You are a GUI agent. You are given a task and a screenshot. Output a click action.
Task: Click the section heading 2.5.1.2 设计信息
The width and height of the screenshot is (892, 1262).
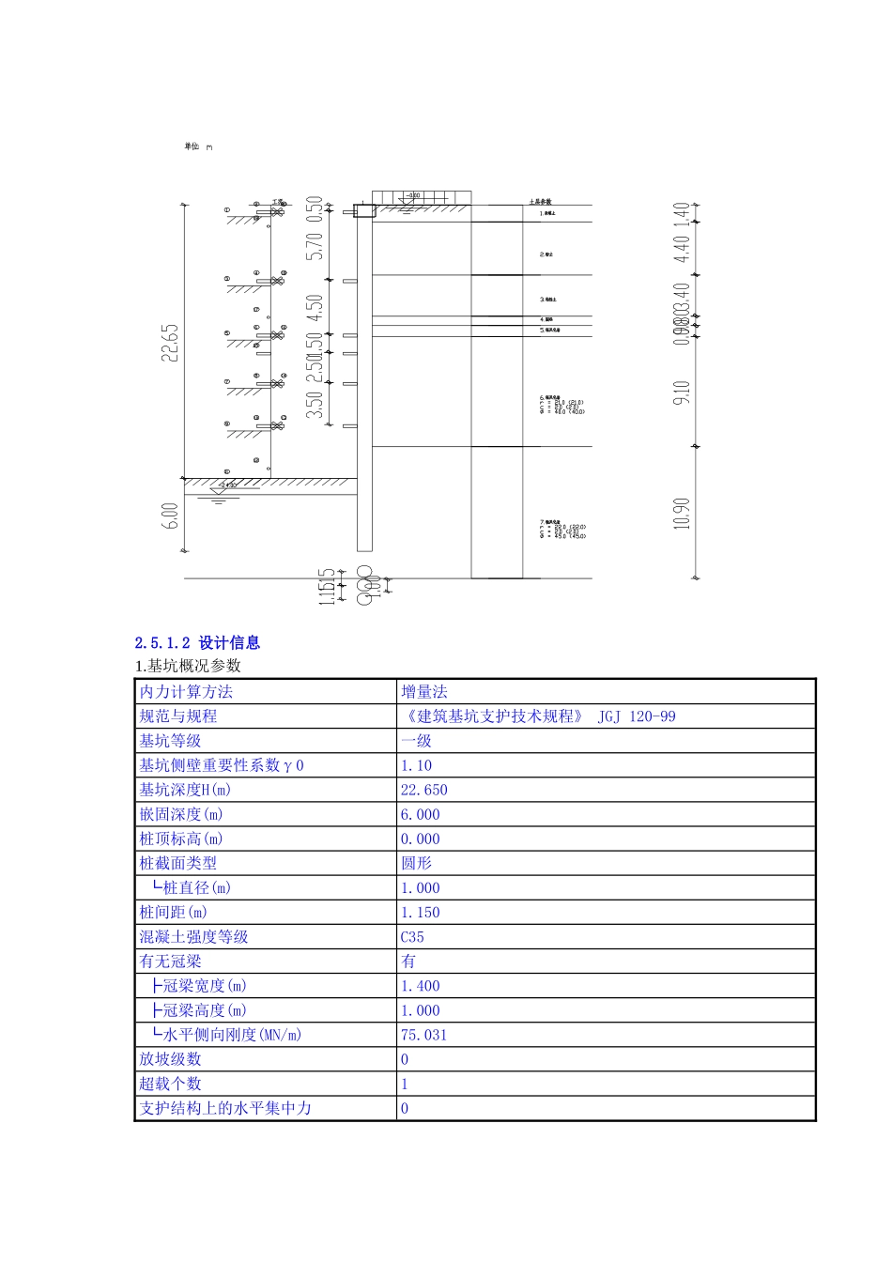[x=197, y=643]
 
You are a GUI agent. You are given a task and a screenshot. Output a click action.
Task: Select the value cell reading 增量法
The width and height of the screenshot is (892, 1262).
[x=424, y=692]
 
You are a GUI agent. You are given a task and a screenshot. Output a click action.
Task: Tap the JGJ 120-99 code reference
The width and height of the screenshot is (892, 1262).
[x=636, y=716]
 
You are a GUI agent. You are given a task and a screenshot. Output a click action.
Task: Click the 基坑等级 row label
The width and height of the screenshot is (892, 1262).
[x=170, y=741]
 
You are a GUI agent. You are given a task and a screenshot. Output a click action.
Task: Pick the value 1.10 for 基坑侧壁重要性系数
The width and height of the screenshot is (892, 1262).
[x=416, y=765]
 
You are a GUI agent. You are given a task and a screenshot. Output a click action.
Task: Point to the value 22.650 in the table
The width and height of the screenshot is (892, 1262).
[x=424, y=790]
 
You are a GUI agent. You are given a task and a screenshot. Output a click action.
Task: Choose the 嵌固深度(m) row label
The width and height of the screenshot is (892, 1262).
[x=181, y=814]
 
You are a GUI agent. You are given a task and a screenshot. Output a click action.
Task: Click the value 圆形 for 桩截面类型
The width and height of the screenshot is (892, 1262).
[x=416, y=863]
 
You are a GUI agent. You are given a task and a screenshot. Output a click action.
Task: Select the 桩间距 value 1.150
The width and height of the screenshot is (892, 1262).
[x=420, y=912]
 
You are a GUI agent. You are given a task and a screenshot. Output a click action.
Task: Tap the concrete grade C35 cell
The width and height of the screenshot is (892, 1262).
[x=412, y=936]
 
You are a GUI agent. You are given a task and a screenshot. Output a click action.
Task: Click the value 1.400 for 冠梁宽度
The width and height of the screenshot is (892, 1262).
[x=420, y=986]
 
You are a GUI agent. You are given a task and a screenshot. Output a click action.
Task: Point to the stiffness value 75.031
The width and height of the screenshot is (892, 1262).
[x=423, y=1035]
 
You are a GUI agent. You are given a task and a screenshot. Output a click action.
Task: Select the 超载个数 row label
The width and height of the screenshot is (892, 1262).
[x=170, y=1084]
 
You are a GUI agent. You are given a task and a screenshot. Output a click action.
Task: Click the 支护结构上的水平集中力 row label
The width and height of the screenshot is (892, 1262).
[x=225, y=1108]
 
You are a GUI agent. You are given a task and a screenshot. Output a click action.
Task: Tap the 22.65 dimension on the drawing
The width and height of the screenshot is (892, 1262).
[x=170, y=343]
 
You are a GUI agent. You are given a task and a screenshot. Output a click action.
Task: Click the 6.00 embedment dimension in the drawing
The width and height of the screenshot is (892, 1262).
[x=170, y=516]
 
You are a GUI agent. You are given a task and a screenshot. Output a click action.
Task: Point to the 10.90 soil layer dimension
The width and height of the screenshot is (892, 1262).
[x=683, y=513]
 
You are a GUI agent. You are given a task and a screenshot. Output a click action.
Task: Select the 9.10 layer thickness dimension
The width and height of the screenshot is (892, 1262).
[x=683, y=392]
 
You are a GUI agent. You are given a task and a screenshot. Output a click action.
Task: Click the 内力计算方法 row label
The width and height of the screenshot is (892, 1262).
[x=186, y=692]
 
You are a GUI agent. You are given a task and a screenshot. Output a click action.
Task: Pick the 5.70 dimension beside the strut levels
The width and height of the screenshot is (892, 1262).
[x=315, y=246]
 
